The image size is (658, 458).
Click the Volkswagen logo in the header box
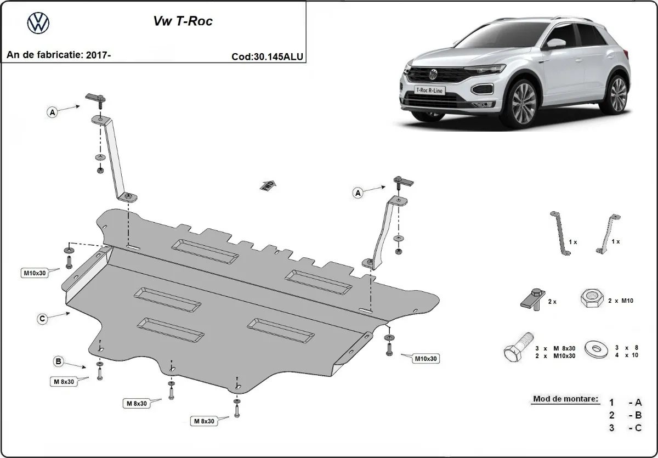38,23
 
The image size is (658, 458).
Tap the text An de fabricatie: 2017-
59,55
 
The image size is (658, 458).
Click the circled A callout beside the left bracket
52,112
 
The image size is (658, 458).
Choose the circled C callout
42,318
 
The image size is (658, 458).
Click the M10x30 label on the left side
34,273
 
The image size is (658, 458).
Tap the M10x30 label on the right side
426,359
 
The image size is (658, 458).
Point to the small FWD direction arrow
268,185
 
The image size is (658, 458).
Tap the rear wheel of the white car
618,93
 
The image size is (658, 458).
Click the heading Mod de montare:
565,399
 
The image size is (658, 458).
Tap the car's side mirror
557,43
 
